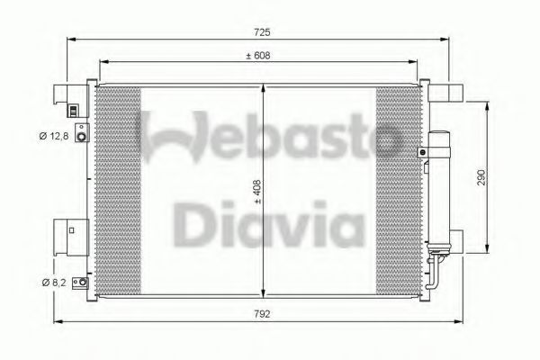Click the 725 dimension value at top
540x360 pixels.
[262, 32]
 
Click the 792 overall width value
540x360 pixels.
[262, 315]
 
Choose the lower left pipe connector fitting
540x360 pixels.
[83, 283]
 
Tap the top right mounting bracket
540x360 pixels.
[447, 93]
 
